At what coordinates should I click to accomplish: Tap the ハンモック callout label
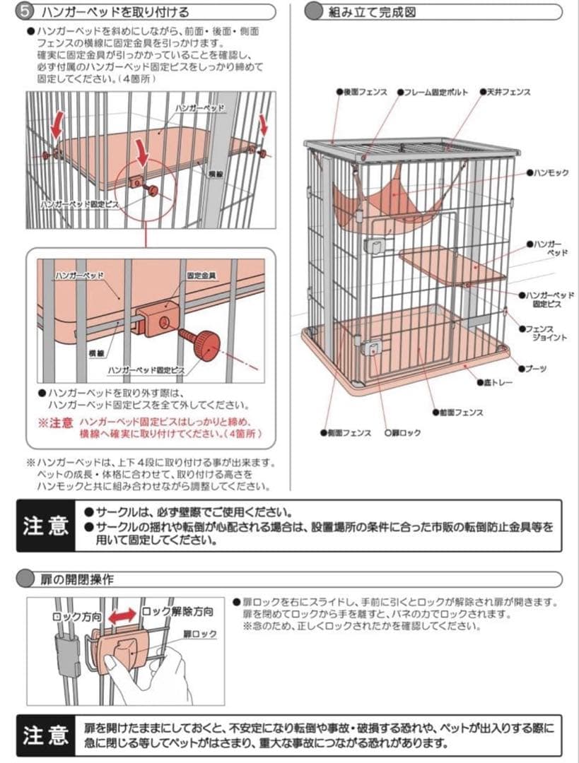point(551,173)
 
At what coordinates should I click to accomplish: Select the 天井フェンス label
point(508,92)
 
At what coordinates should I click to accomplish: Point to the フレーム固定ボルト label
point(435,92)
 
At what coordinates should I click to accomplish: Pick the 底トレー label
point(498,382)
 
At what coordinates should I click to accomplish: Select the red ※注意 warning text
point(56,422)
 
